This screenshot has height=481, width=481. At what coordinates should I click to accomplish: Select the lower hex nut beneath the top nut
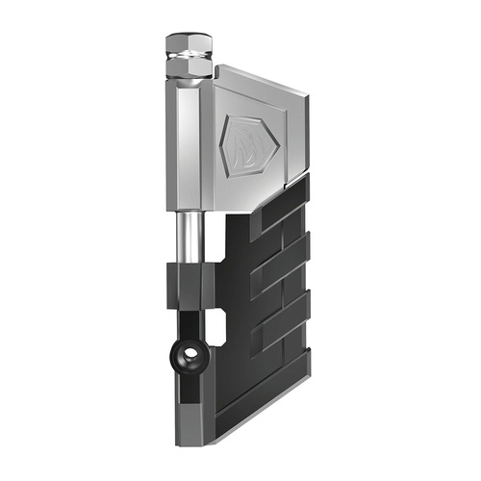[x=188, y=69]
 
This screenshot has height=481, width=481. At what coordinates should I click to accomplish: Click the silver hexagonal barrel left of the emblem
[x=189, y=144]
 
